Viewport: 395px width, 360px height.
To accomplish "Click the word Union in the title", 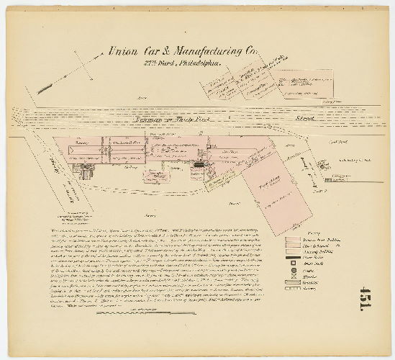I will [x=124, y=51].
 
